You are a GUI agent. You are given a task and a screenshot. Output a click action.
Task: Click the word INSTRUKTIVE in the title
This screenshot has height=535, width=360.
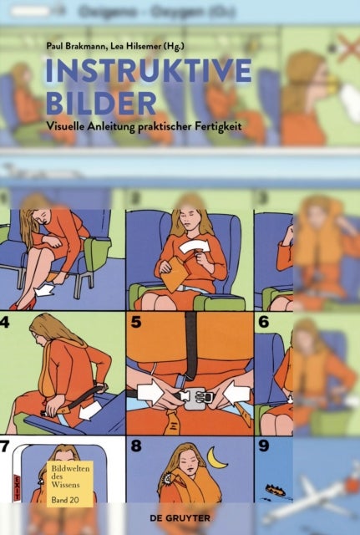click(148, 72)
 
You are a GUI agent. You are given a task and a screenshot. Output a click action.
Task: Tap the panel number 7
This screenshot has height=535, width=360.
click(8, 446)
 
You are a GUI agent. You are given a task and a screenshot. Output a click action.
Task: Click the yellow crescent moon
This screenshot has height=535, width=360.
click(219, 458)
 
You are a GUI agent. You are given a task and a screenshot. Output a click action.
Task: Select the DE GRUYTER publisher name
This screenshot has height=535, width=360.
click(318, 519)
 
